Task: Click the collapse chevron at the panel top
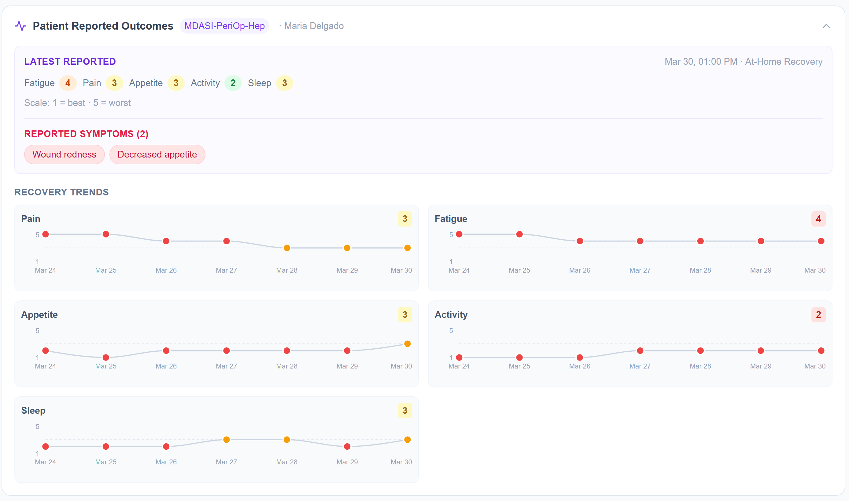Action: point(826,26)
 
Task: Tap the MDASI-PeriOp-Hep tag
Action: point(224,26)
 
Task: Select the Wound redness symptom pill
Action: point(64,154)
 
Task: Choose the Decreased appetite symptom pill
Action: point(157,154)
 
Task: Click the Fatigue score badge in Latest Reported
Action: point(68,83)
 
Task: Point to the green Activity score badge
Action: point(233,83)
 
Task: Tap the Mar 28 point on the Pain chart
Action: point(286,248)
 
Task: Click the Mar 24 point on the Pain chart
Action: point(46,234)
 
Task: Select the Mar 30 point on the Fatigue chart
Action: point(821,241)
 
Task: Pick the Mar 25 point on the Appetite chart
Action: point(106,357)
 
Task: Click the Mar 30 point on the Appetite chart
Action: point(408,344)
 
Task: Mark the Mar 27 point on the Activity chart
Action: point(640,351)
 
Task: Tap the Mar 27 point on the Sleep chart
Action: point(227,440)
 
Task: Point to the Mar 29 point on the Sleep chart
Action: point(347,447)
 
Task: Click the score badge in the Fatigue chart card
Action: point(818,219)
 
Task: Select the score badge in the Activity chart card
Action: point(818,315)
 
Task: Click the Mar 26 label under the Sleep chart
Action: point(166,462)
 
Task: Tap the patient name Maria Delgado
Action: point(314,26)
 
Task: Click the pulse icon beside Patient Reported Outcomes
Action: point(20,26)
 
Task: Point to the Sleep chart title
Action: point(33,411)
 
